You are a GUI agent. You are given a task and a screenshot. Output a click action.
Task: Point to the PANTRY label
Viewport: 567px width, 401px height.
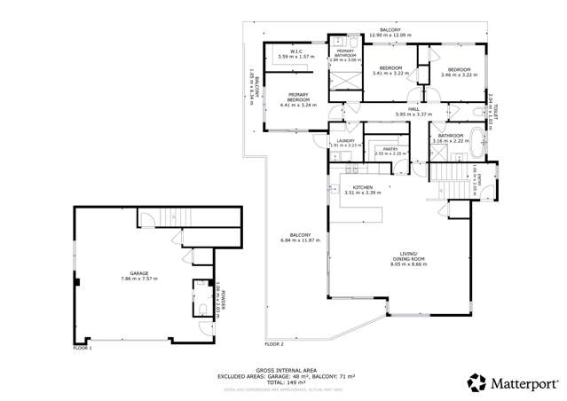pyautogui.click(x=388, y=149)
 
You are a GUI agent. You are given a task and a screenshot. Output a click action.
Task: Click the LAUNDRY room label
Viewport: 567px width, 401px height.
pyautogui.click(x=345, y=140)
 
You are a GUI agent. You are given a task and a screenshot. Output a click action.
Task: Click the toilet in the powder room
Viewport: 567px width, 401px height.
pyautogui.click(x=201, y=311)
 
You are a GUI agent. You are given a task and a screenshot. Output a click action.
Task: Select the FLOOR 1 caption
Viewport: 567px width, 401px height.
pyautogui.click(x=83, y=348)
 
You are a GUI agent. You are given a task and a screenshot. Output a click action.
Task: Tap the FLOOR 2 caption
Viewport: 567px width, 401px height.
pyautogui.click(x=273, y=343)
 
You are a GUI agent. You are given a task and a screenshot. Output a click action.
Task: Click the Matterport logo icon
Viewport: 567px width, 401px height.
pyautogui.click(x=477, y=382)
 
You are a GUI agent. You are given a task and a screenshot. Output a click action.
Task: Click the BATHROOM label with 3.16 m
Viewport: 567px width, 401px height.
pyautogui.click(x=450, y=136)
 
